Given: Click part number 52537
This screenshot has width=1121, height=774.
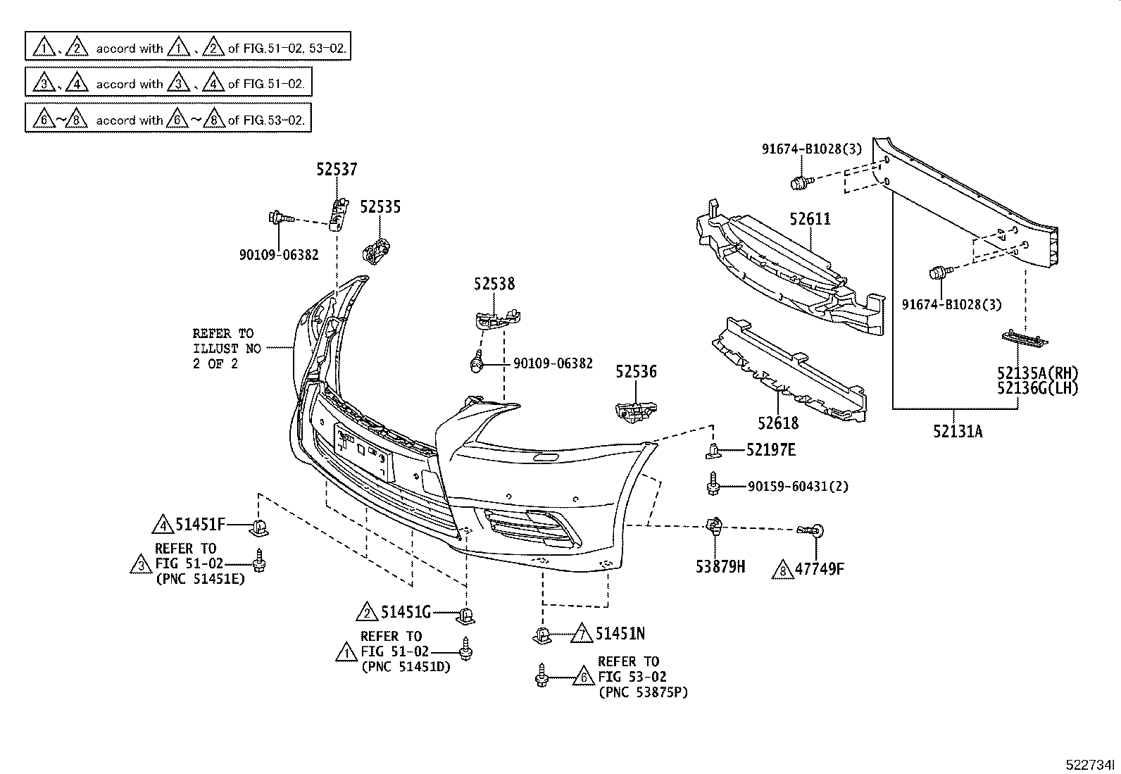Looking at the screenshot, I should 336,169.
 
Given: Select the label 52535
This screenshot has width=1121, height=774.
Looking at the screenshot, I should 380,206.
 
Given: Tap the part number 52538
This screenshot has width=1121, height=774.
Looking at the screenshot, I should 494,284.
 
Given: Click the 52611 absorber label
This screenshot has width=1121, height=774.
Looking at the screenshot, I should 810,219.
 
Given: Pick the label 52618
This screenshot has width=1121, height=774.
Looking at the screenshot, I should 778,423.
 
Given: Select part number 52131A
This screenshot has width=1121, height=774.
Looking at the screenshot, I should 958,432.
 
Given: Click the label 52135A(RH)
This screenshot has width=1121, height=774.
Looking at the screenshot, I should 1037,373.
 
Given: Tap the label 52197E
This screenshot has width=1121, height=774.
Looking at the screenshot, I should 771,449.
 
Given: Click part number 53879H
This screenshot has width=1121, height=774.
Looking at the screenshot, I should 720,567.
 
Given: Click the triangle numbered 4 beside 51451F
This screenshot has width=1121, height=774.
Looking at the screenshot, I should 163,525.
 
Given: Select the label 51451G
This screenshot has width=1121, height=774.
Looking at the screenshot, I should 406,613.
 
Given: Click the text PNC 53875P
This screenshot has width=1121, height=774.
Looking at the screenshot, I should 643,692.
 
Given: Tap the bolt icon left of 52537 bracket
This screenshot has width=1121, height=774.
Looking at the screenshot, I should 277,218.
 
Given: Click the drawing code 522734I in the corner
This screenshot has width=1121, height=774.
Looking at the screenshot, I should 1091,765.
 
